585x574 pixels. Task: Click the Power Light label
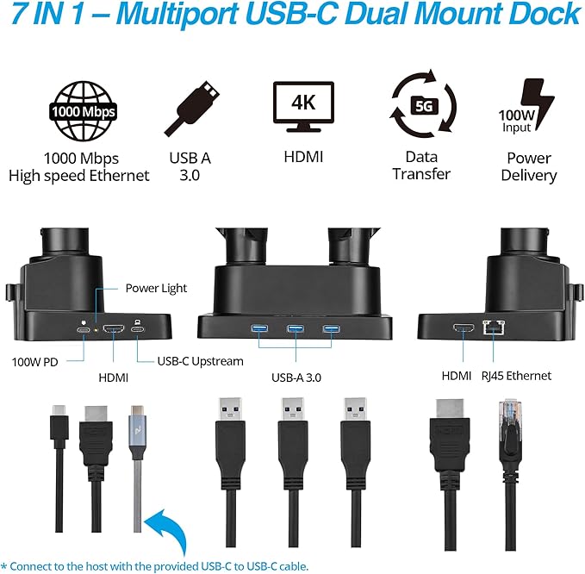156,288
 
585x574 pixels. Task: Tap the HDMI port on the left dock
113,329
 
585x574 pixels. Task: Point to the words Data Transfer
421,165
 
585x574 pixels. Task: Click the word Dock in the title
540,15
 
